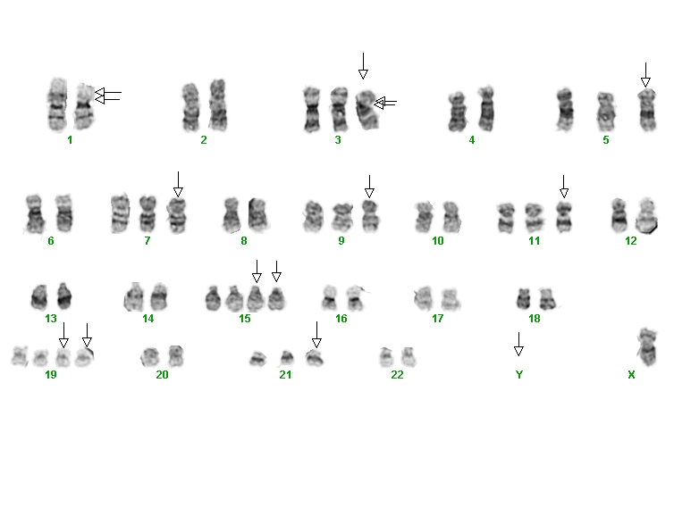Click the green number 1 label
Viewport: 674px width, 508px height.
(x=70, y=140)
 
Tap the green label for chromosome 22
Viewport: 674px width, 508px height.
(x=397, y=375)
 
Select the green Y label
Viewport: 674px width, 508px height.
(x=519, y=375)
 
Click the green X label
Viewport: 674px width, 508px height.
(x=631, y=375)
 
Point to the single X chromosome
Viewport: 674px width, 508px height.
(x=647, y=346)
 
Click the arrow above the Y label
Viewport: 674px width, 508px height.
(x=518, y=344)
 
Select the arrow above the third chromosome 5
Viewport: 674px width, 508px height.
(x=645, y=75)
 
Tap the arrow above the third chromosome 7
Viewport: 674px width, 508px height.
(x=178, y=184)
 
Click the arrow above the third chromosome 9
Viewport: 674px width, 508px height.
(x=369, y=187)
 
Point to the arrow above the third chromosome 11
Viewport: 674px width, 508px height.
(x=564, y=187)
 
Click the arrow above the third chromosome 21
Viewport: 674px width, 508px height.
(x=316, y=335)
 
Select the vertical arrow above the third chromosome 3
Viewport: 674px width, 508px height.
(x=363, y=66)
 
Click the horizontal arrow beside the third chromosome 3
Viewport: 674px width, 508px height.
(x=385, y=103)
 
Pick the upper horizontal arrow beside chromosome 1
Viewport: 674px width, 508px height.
(x=108, y=92)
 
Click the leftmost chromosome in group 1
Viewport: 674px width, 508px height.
(x=57, y=104)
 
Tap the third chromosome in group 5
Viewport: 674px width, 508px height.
(x=647, y=110)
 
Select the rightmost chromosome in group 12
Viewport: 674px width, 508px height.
(x=646, y=215)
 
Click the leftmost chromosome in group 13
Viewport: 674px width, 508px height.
(x=39, y=296)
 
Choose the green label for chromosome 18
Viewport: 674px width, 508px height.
(x=535, y=319)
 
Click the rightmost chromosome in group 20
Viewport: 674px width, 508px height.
(x=176, y=356)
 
